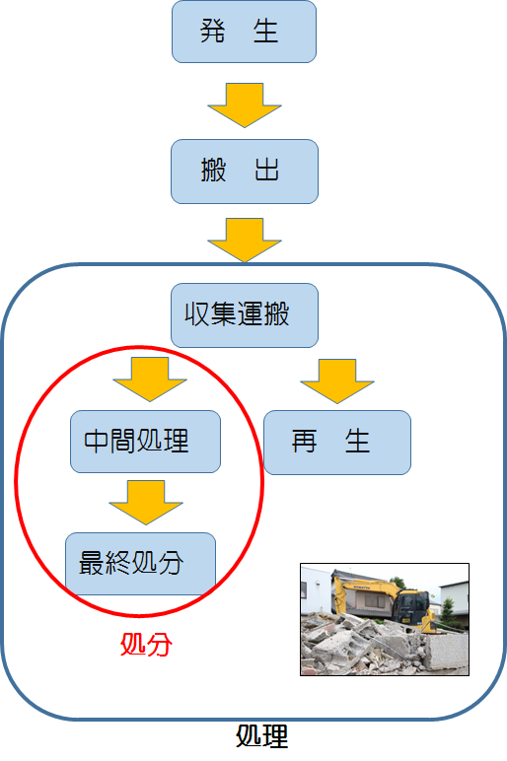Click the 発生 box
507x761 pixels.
pos(244,32)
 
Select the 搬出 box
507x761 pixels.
pos(245,172)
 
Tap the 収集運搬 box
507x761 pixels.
pos(245,315)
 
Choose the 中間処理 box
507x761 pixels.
pos(145,442)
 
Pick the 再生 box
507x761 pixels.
pos(337,443)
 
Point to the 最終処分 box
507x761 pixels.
pos(140,564)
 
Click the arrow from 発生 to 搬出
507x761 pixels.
pos(245,105)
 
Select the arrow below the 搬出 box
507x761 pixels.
pos(245,241)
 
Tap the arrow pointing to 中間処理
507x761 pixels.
pos(150,380)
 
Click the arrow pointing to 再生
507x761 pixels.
pos(337,381)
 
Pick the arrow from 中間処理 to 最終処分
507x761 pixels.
pos(146,503)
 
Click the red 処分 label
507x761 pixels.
pos(146,645)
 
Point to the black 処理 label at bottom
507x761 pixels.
pos(262,736)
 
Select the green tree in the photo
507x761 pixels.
pos(447,610)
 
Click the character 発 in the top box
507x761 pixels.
pos(213,32)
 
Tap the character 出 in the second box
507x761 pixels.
pos(266,170)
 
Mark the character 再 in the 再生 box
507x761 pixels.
pos(305,442)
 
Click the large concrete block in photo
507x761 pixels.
pos(446,652)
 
